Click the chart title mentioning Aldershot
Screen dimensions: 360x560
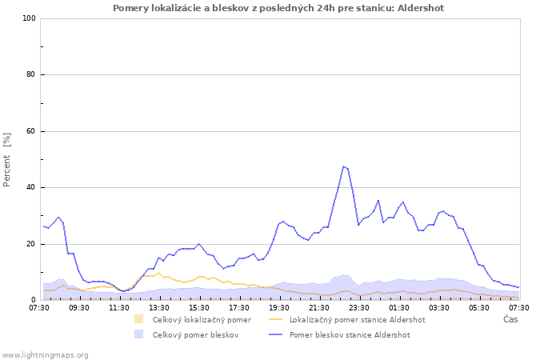tap(278, 8)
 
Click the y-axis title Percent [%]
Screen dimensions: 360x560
tap(8, 159)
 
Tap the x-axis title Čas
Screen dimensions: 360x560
tap(510, 320)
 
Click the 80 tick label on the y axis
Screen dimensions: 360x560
tap(31, 75)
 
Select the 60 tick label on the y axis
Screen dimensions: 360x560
tap(31, 131)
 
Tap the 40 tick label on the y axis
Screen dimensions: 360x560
tap(31, 188)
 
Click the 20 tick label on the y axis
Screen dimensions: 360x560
tap(31, 244)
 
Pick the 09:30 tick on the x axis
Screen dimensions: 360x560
tap(78, 307)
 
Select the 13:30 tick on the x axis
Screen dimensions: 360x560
tap(158, 307)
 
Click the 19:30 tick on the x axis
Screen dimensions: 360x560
tap(278, 307)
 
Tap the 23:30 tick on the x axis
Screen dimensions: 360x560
tap(358, 307)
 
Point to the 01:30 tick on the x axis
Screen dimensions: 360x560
tap(398, 307)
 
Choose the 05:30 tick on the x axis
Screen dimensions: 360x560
tap(478, 307)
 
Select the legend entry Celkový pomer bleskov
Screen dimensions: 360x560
tap(195, 335)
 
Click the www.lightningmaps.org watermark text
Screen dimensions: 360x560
tap(46, 354)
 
